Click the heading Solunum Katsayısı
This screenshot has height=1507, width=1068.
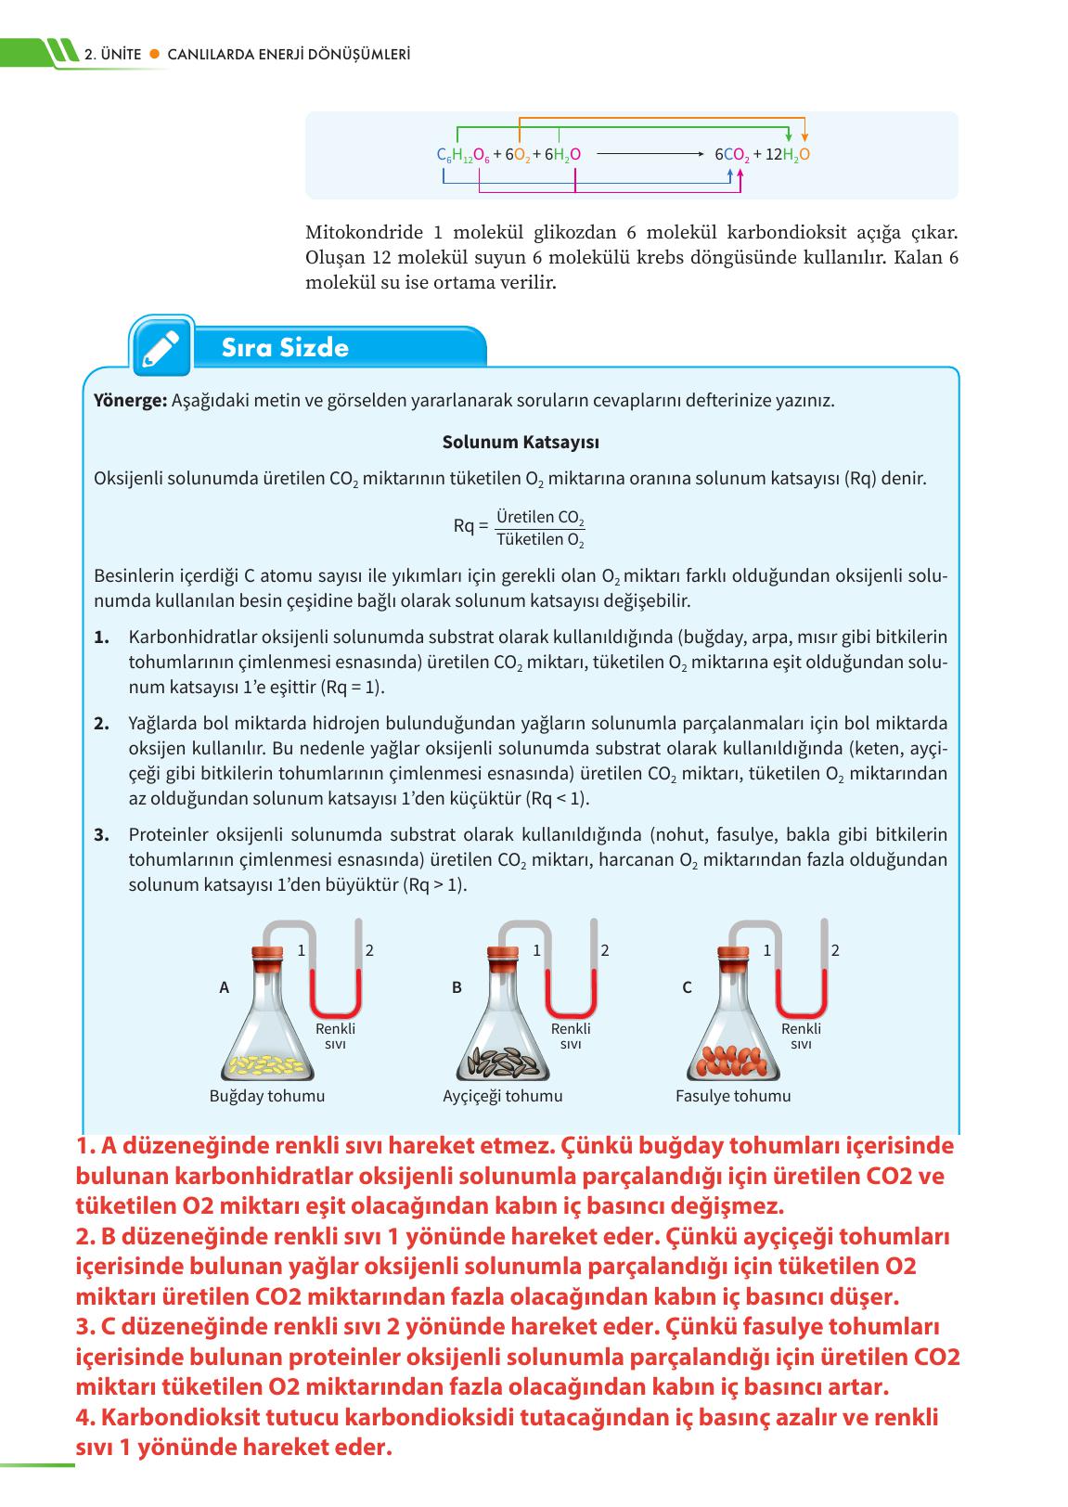(520, 442)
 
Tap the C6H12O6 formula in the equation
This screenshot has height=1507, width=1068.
(462, 155)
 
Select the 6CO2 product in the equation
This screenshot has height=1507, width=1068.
(731, 155)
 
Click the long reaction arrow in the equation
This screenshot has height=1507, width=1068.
(650, 155)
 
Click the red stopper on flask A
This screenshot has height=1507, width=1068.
(267, 955)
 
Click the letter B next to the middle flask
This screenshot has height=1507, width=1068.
(457, 987)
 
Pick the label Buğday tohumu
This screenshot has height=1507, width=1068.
(267, 1096)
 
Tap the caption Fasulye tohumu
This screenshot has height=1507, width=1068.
(733, 1096)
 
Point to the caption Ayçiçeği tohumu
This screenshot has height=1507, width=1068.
(502, 1096)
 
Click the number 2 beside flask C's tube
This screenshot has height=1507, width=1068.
(835, 950)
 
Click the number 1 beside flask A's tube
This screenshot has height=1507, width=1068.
(301, 950)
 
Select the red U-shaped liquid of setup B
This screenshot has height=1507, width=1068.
(571, 1002)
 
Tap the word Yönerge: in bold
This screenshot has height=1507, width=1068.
(130, 401)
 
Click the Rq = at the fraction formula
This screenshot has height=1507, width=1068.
(470, 526)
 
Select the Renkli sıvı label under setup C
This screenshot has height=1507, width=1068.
(801, 1036)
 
